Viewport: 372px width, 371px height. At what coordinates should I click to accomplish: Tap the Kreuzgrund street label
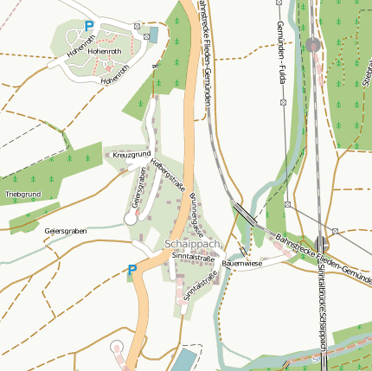coord(131,155)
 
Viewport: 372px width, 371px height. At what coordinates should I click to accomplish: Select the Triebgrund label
coord(22,194)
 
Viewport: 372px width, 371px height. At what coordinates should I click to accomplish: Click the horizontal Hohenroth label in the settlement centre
coord(104,51)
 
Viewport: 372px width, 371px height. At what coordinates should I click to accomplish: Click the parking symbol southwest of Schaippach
coord(132,271)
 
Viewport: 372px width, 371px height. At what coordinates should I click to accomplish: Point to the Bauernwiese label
coord(241,262)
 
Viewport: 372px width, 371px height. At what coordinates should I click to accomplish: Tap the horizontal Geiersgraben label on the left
coord(66,232)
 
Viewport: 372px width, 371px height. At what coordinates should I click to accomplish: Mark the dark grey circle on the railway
coord(313,44)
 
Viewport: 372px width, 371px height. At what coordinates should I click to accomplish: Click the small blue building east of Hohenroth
coord(154,34)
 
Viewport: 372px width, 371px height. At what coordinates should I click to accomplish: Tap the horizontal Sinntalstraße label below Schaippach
coord(193,257)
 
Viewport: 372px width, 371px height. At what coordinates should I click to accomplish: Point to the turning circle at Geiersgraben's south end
coord(131,219)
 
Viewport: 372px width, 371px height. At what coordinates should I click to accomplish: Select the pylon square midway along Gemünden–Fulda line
coord(283,103)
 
